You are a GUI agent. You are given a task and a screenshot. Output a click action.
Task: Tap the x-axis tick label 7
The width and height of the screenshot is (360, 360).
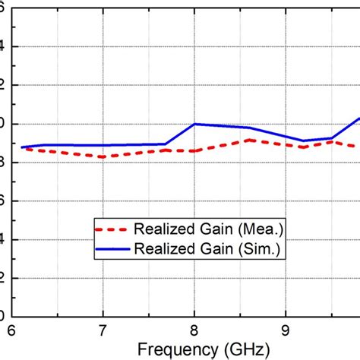click(x=103, y=332)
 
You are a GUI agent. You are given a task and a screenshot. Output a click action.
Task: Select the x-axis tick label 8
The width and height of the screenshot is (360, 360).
click(x=194, y=332)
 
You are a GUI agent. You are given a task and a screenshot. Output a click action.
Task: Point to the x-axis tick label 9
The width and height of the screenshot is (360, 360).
click(x=286, y=332)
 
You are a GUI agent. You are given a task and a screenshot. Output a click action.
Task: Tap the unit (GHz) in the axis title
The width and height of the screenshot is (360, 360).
click(x=247, y=350)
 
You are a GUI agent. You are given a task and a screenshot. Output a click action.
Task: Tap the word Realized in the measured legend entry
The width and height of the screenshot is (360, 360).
click(x=161, y=228)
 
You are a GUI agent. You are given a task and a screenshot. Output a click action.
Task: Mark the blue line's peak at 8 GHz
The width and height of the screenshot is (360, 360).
click(x=194, y=124)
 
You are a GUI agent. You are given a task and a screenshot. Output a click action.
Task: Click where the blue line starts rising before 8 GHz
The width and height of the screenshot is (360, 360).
click(x=166, y=144)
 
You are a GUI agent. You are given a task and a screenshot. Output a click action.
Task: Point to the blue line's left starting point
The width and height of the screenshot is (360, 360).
click(x=22, y=147)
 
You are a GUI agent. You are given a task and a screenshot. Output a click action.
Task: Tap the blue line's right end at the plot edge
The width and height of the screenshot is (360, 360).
click(x=358, y=118)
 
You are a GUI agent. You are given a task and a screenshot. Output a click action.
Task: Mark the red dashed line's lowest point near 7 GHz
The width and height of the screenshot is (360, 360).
click(x=103, y=156)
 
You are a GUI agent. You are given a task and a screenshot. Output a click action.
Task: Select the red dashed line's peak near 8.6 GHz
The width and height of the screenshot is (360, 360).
click(x=249, y=140)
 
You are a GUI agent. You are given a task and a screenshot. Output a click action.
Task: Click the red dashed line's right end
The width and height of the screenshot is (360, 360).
click(x=355, y=147)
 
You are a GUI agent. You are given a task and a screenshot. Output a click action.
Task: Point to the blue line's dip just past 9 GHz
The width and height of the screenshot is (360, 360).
click(x=303, y=141)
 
